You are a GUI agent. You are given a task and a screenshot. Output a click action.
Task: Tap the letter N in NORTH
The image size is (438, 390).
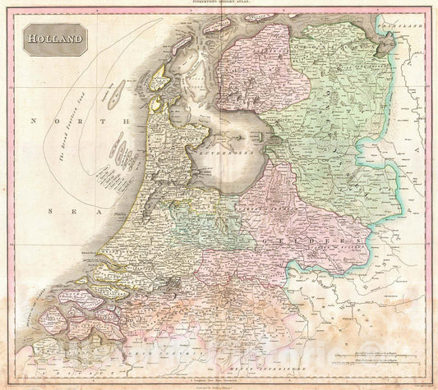point(34,120)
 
